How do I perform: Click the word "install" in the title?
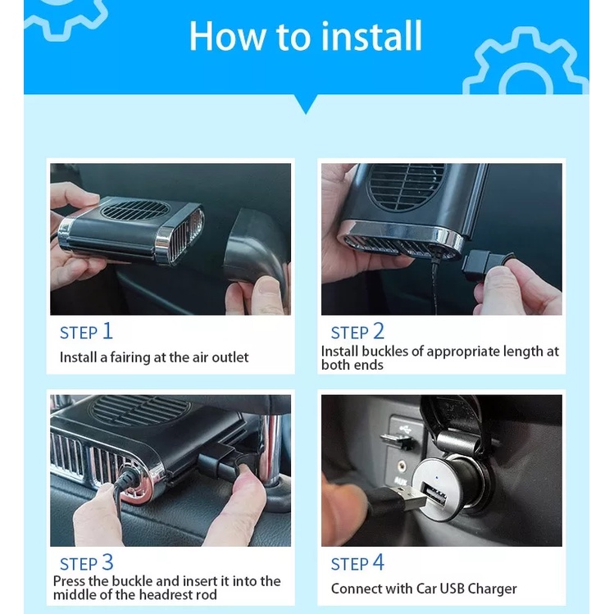pyautogui.click(x=371, y=36)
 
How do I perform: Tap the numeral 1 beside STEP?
pyautogui.click(x=107, y=331)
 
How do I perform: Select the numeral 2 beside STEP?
pyautogui.click(x=379, y=331)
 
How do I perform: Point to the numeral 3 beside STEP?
pyautogui.click(x=107, y=562)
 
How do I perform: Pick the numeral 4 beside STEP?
pyautogui.click(x=378, y=562)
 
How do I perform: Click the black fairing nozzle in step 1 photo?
pyautogui.click(x=257, y=246)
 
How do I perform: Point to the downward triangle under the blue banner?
pyautogui.click(x=306, y=104)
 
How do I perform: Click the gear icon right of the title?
pyautogui.click(x=525, y=61)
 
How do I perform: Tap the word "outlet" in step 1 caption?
pyautogui.click(x=230, y=357)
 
